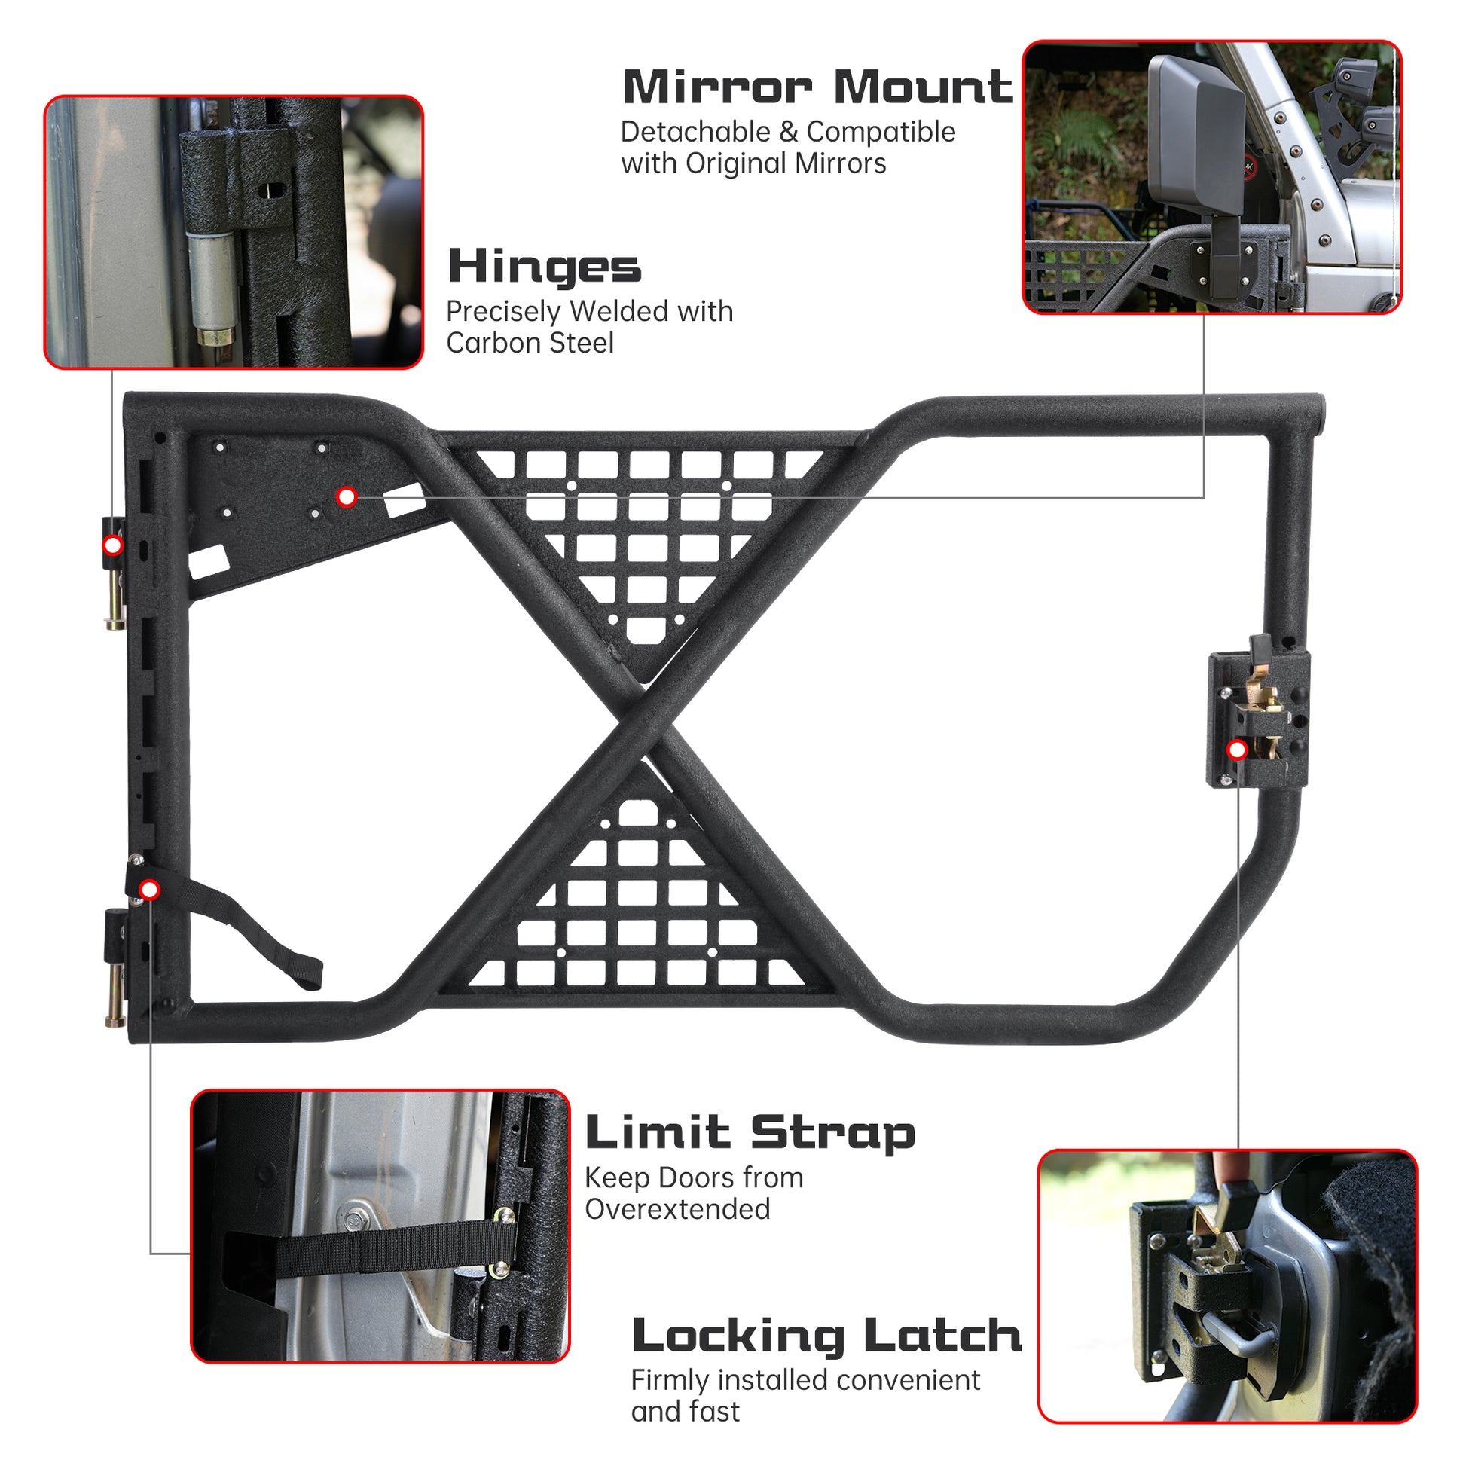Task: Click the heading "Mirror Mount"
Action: coord(817,87)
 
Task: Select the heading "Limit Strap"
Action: coord(750,1135)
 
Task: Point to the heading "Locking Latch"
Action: coord(826,1337)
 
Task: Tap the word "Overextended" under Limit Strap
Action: coord(677,1209)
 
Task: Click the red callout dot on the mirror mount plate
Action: coord(347,497)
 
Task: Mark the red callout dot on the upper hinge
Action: coord(113,545)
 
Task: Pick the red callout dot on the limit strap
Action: coord(149,889)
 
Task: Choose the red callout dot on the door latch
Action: coord(1238,750)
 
